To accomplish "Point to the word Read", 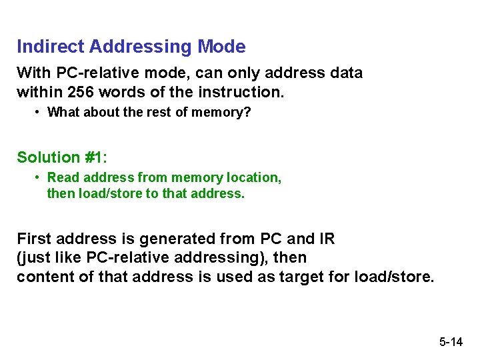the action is click(x=62, y=177).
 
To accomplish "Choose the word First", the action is click(x=33, y=239).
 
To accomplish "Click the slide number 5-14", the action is click(x=451, y=343).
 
